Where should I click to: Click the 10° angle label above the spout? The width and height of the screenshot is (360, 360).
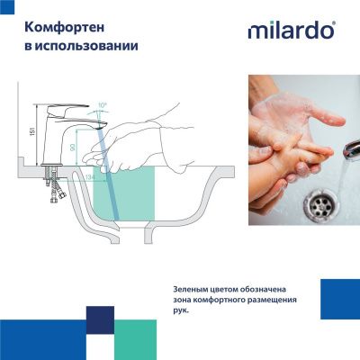tap(102, 105)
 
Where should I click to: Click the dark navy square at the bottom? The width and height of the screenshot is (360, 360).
tap(100, 319)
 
